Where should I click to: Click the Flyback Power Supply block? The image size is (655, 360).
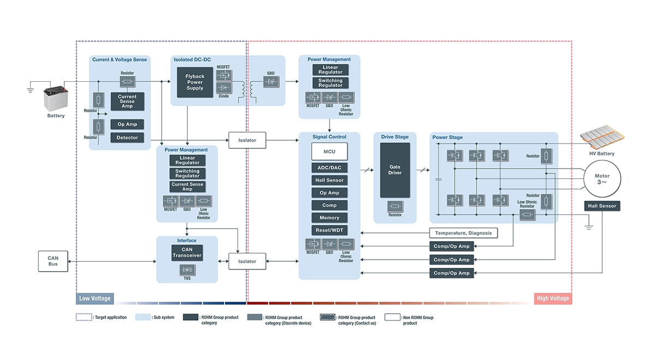[x=195, y=82]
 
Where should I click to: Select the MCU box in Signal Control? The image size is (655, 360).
[x=329, y=151]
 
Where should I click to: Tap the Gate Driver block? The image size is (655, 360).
[x=395, y=170]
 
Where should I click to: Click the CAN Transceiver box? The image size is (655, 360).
[x=187, y=253]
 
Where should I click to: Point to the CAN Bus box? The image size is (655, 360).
[x=53, y=261]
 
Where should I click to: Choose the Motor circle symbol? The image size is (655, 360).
[x=602, y=180]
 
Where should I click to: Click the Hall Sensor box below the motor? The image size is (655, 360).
[x=602, y=206]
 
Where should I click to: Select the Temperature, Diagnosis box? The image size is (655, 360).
[x=463, y=233]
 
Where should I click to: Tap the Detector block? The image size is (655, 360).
[x=127, y=137]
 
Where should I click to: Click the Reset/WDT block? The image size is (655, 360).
[x=329, y=230]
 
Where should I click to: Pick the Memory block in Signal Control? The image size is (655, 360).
[x=329, y=218]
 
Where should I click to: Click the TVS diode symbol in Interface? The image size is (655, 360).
[x=187, y=269]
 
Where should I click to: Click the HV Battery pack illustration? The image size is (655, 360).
[x=602, y=139]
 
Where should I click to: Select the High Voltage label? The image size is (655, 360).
[x=553, y=298]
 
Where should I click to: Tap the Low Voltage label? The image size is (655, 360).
[x=95, y=298]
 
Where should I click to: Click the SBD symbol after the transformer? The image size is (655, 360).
[x=271, y=82]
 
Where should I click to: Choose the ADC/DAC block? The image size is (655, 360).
[x=329, y=168]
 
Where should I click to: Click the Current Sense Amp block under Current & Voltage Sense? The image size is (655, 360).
[x=127, y=101]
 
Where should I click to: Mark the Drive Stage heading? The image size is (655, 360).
[x=394, y=137]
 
